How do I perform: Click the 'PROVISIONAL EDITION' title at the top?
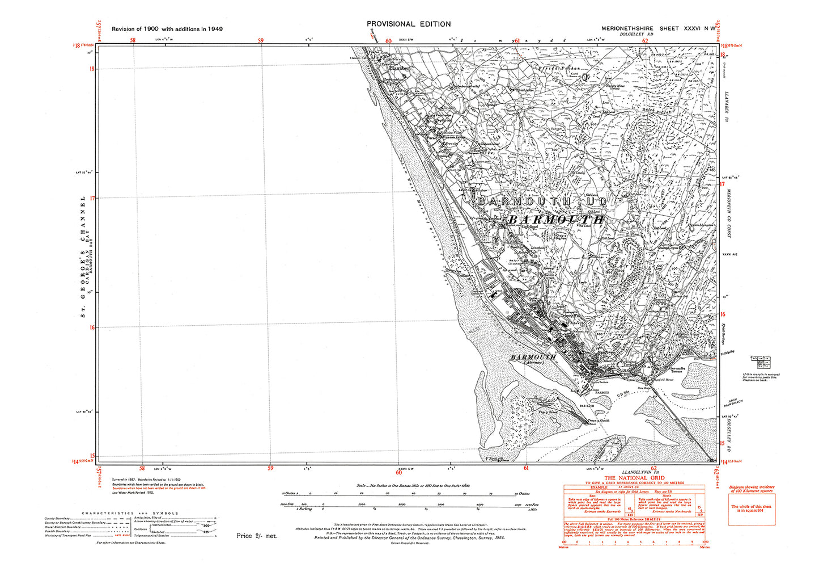[409, 24]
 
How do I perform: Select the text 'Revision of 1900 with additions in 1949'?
[167, 29]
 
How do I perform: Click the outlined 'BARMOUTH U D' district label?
[542, 202]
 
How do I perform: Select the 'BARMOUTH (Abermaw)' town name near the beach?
[533, 358]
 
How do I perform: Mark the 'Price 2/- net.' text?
[257, 536]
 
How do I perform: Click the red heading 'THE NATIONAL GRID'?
[633, 478]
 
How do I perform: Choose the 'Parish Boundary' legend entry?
[62, 531]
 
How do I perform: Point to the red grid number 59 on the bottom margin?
[270, 469]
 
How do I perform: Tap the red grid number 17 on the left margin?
[92, 197]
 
